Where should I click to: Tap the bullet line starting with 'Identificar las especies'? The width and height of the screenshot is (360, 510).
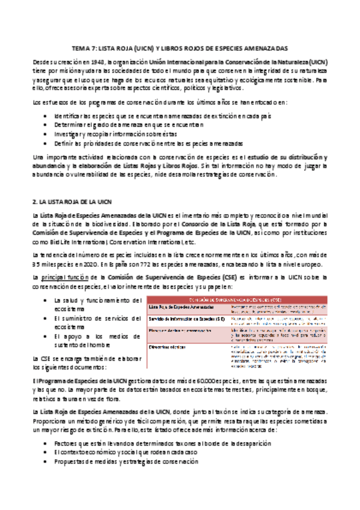(133, 114)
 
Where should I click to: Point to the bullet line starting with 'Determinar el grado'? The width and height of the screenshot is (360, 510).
(129, 124)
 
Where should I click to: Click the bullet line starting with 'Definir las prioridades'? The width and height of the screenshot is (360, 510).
(148, 144)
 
